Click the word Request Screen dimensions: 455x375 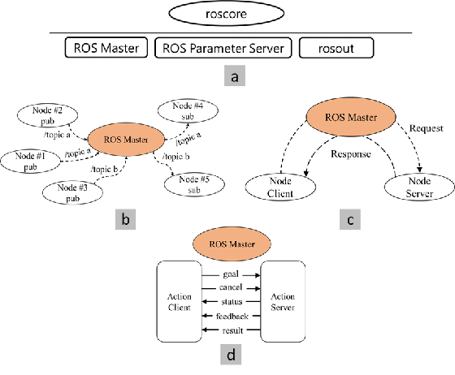click(x=426, y=128)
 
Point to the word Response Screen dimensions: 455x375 click(x=351, y=154)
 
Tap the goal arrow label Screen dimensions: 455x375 click(x=231, y=274)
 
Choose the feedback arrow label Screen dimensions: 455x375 click(x=232, y=316)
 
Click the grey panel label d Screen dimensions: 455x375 click(x=231, y=354)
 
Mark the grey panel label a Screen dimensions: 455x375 click(x=235, y=75)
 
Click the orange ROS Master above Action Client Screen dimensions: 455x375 click(x=232, y=244)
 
